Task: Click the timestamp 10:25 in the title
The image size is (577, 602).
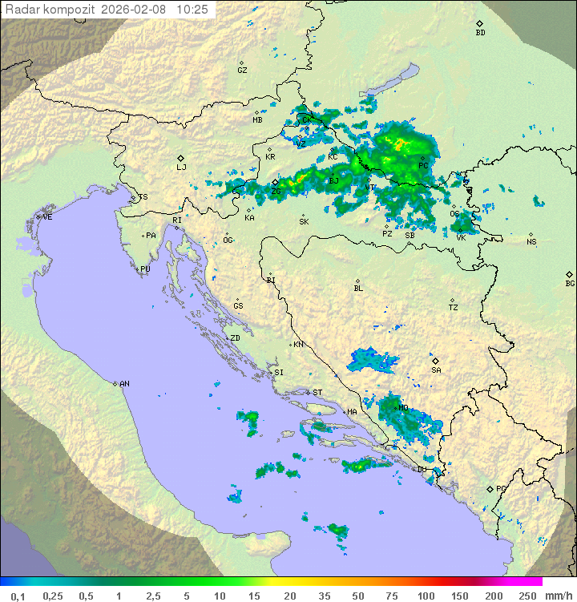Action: coord(192,9)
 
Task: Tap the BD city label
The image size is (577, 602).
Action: coord(480,33)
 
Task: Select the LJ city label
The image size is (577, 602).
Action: coord(181,168)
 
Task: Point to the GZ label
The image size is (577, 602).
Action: coord(242,71)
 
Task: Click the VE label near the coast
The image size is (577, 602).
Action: coord(47,217)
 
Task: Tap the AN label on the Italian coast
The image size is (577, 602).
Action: coord(124,384)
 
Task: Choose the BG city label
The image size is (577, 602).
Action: coord(570,284)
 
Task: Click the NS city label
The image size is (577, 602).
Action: coord(531,242)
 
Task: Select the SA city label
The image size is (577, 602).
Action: coord(436,370)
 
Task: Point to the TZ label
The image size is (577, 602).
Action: coord(454,308)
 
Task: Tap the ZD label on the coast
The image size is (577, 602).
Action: coord(235,338)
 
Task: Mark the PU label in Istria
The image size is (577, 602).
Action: coord(145,269)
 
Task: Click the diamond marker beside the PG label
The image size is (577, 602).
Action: coord(490,489)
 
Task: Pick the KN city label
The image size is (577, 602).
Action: coord(298,345)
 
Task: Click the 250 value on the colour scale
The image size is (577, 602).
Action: coord(527,596)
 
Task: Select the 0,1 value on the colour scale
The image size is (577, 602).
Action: coord(18,596)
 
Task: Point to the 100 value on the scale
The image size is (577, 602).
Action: coord(426,596)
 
